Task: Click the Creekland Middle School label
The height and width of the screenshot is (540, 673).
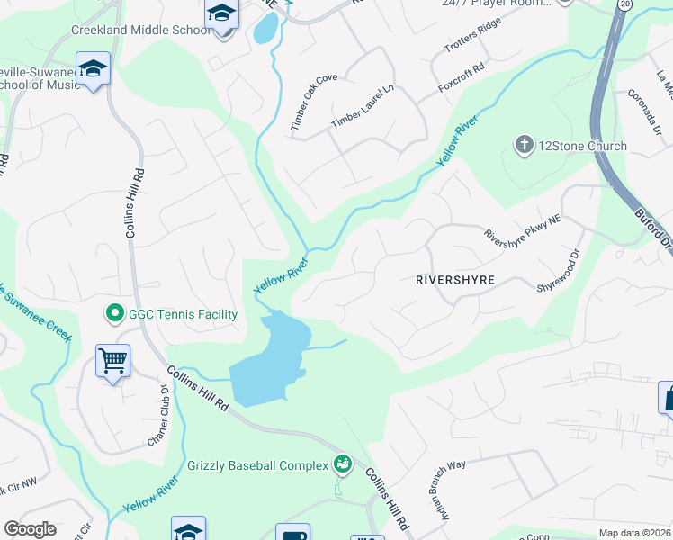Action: click(x=141, y=30)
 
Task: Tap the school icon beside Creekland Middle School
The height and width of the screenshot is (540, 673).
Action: click(x=220, y=15)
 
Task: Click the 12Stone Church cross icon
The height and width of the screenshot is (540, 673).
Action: click(x=524, y=145)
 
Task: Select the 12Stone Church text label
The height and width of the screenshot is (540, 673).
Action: click(x=569, y=146)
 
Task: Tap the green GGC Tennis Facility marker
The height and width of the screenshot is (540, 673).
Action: click(x=114, y=314)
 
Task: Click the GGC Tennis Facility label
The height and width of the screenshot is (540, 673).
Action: click(x=182, y=314)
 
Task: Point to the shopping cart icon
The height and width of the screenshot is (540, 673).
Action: click(x=113, y=361)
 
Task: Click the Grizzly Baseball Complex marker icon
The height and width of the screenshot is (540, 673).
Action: click(x=342, y=465)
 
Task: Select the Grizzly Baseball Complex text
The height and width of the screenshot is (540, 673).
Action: click(x=257, y=466)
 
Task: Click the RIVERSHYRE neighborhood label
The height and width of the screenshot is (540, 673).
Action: click(x=455, y=280)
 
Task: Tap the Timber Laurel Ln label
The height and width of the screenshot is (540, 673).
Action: click(x=363, y=107)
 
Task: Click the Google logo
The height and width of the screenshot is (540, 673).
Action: click(x=30, y=529)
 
